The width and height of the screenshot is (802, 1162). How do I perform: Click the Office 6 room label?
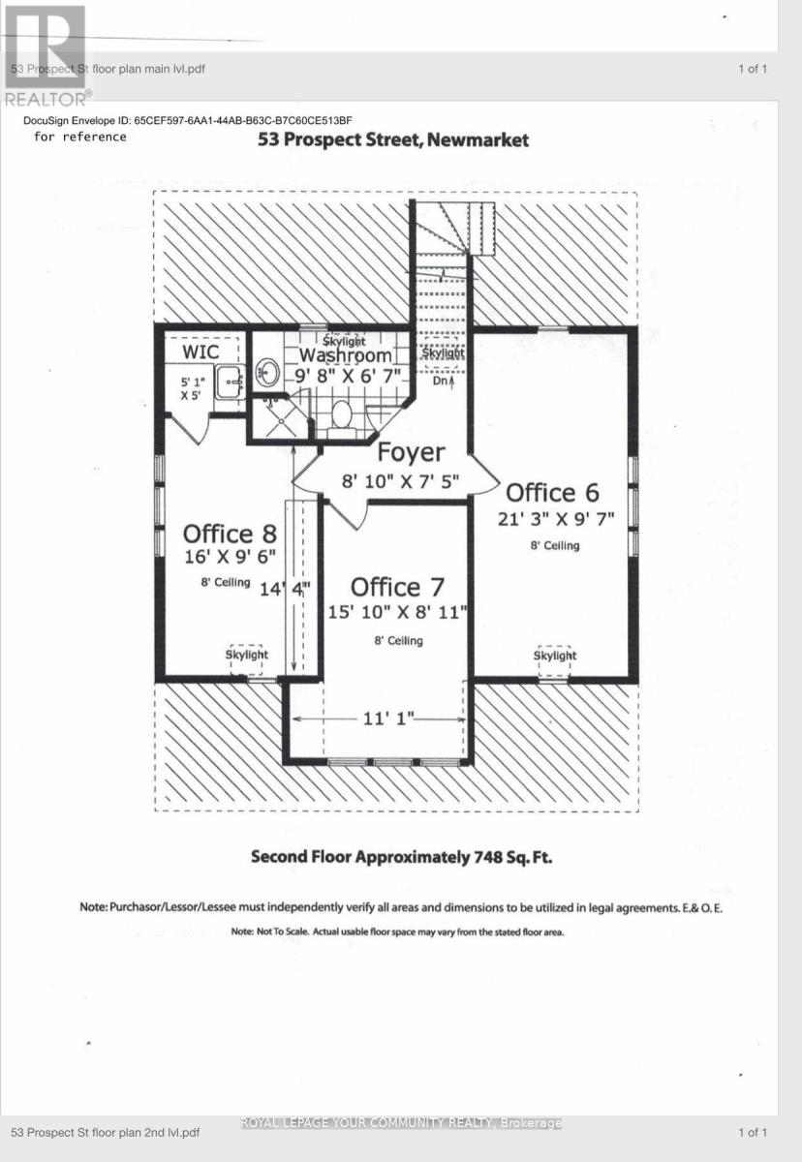(x=552, y=493)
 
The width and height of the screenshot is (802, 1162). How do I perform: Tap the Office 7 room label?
(x=397, y=587)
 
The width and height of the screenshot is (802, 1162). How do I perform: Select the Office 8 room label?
(x=230, y=534)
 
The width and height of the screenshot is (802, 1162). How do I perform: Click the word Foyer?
(x=411, y=452)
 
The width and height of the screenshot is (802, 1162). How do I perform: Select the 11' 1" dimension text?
(x=389, y=719)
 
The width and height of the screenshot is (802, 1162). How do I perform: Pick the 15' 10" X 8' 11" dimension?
(x=397, y=612)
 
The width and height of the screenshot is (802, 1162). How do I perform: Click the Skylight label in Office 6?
(x=554, y=656)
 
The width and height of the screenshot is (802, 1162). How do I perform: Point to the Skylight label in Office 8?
(x=247, y=655)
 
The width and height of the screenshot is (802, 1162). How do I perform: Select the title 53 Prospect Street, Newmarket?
(x=393, y=140)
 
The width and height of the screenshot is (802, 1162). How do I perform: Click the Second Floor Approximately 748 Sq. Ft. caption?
(x=402, y=857)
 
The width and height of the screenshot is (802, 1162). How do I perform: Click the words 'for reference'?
(x=80, y=137)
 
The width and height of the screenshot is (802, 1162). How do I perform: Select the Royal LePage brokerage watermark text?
(x=400, y=1123)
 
